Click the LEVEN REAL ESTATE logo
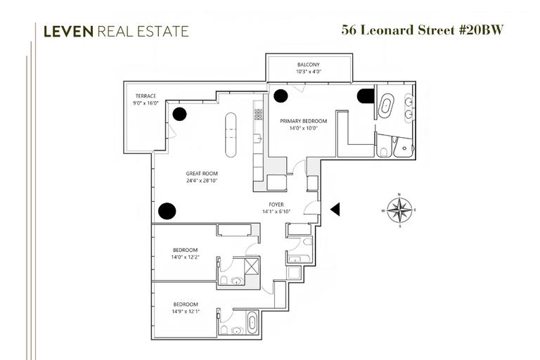(116, 31)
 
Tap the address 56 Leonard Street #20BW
(423, 30)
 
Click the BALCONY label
(308, 63)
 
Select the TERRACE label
(146, 96)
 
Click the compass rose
(399, 209)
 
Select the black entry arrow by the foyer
(335, 209)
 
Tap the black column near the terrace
(181, 114)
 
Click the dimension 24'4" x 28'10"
(202, 181)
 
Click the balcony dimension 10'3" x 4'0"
(308, 71)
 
